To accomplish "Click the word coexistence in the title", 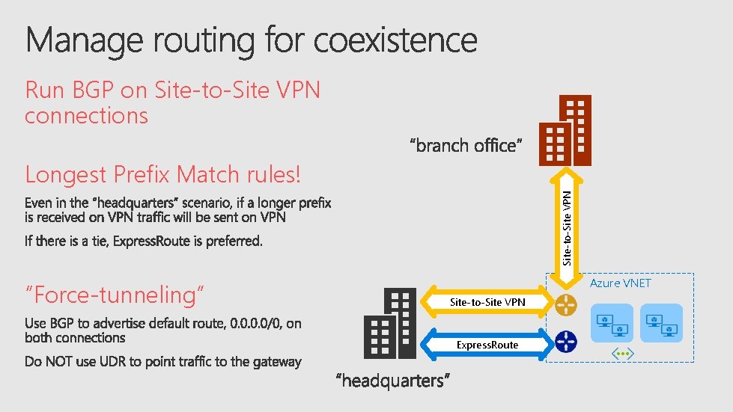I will click(x=395, y=40).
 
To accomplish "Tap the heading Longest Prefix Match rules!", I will click(x=162, y=175).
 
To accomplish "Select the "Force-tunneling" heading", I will click(x=115, y=295).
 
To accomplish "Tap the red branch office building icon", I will click(x=567, y=131).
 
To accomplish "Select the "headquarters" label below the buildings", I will click(x=392, y=381).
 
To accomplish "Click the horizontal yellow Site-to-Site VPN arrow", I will click(x=487, y=302).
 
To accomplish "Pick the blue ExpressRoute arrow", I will click(x=487, y=344).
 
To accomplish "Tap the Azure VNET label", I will click(x=621, y=283).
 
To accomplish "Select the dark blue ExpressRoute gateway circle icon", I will click(x=566, y=343).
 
